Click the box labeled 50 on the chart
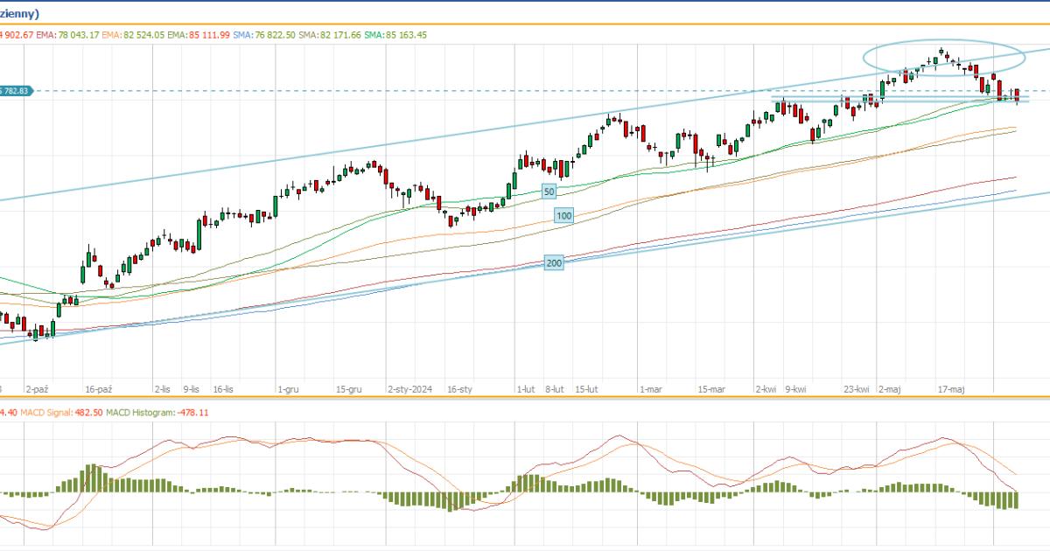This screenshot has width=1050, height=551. tap(549, 191)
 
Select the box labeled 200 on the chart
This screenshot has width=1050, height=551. tap(553, 262)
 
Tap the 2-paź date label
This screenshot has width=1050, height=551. tap(37, 389)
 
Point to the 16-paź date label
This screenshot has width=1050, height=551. tap(99, 389)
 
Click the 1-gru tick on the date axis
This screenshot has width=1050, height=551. tap(288, 389)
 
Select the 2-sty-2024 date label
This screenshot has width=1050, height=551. tap(410, 389)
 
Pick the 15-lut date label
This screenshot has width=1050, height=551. tap(586, 389)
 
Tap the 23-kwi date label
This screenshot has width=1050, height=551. tap(857, 389)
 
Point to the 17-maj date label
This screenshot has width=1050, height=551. tap(951, 389)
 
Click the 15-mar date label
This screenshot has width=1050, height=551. tap(711, 389)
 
